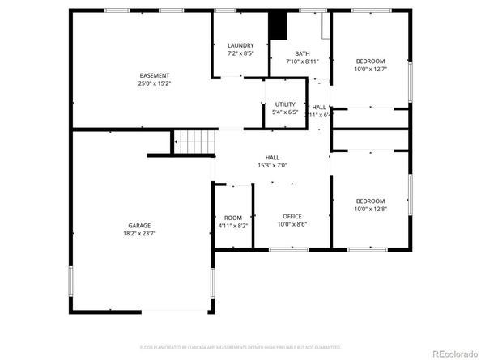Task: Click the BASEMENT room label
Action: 154,75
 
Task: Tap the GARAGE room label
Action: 138,226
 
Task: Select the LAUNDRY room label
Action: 240,45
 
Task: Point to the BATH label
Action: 301,53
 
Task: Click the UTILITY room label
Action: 285,104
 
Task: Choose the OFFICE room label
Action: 292,216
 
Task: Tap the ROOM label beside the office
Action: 233,217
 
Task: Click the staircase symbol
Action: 195,143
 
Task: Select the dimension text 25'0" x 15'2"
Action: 154,83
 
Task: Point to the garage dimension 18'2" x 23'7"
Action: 138,234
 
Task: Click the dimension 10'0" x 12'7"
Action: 371,70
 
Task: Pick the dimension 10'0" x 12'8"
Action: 371,210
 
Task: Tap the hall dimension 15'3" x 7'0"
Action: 271,166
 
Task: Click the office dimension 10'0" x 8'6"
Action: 292,225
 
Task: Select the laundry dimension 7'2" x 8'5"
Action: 240,53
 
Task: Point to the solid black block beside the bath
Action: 278,27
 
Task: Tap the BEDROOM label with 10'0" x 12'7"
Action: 371,61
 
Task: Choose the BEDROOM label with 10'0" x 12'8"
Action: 371,201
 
